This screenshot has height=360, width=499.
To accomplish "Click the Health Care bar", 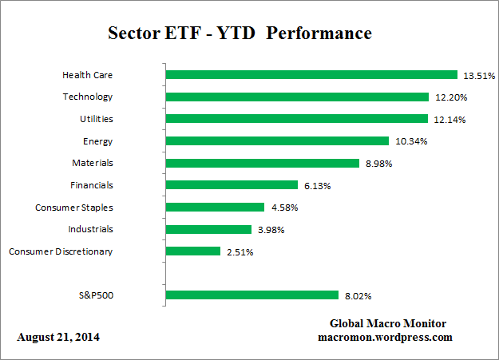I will (311, 75).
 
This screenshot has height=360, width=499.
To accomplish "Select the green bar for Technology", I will (297, 97).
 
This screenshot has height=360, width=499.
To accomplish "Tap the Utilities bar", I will (296, 119).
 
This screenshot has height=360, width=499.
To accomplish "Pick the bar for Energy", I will (277, 141).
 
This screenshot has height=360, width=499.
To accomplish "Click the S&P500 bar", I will (251, 295).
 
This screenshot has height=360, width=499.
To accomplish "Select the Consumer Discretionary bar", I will (192, 251).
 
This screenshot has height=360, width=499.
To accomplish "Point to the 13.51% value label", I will (479, 76).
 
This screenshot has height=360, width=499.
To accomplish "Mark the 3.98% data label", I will (270, 230).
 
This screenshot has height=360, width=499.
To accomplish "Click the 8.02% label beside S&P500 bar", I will (357, 296).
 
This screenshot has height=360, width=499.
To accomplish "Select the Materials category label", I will (92, 163).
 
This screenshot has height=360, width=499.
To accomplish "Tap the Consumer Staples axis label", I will (73, 208).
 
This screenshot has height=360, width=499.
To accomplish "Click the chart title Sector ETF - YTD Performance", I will (240, 34).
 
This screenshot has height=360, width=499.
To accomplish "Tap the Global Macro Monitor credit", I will (387, 323).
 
